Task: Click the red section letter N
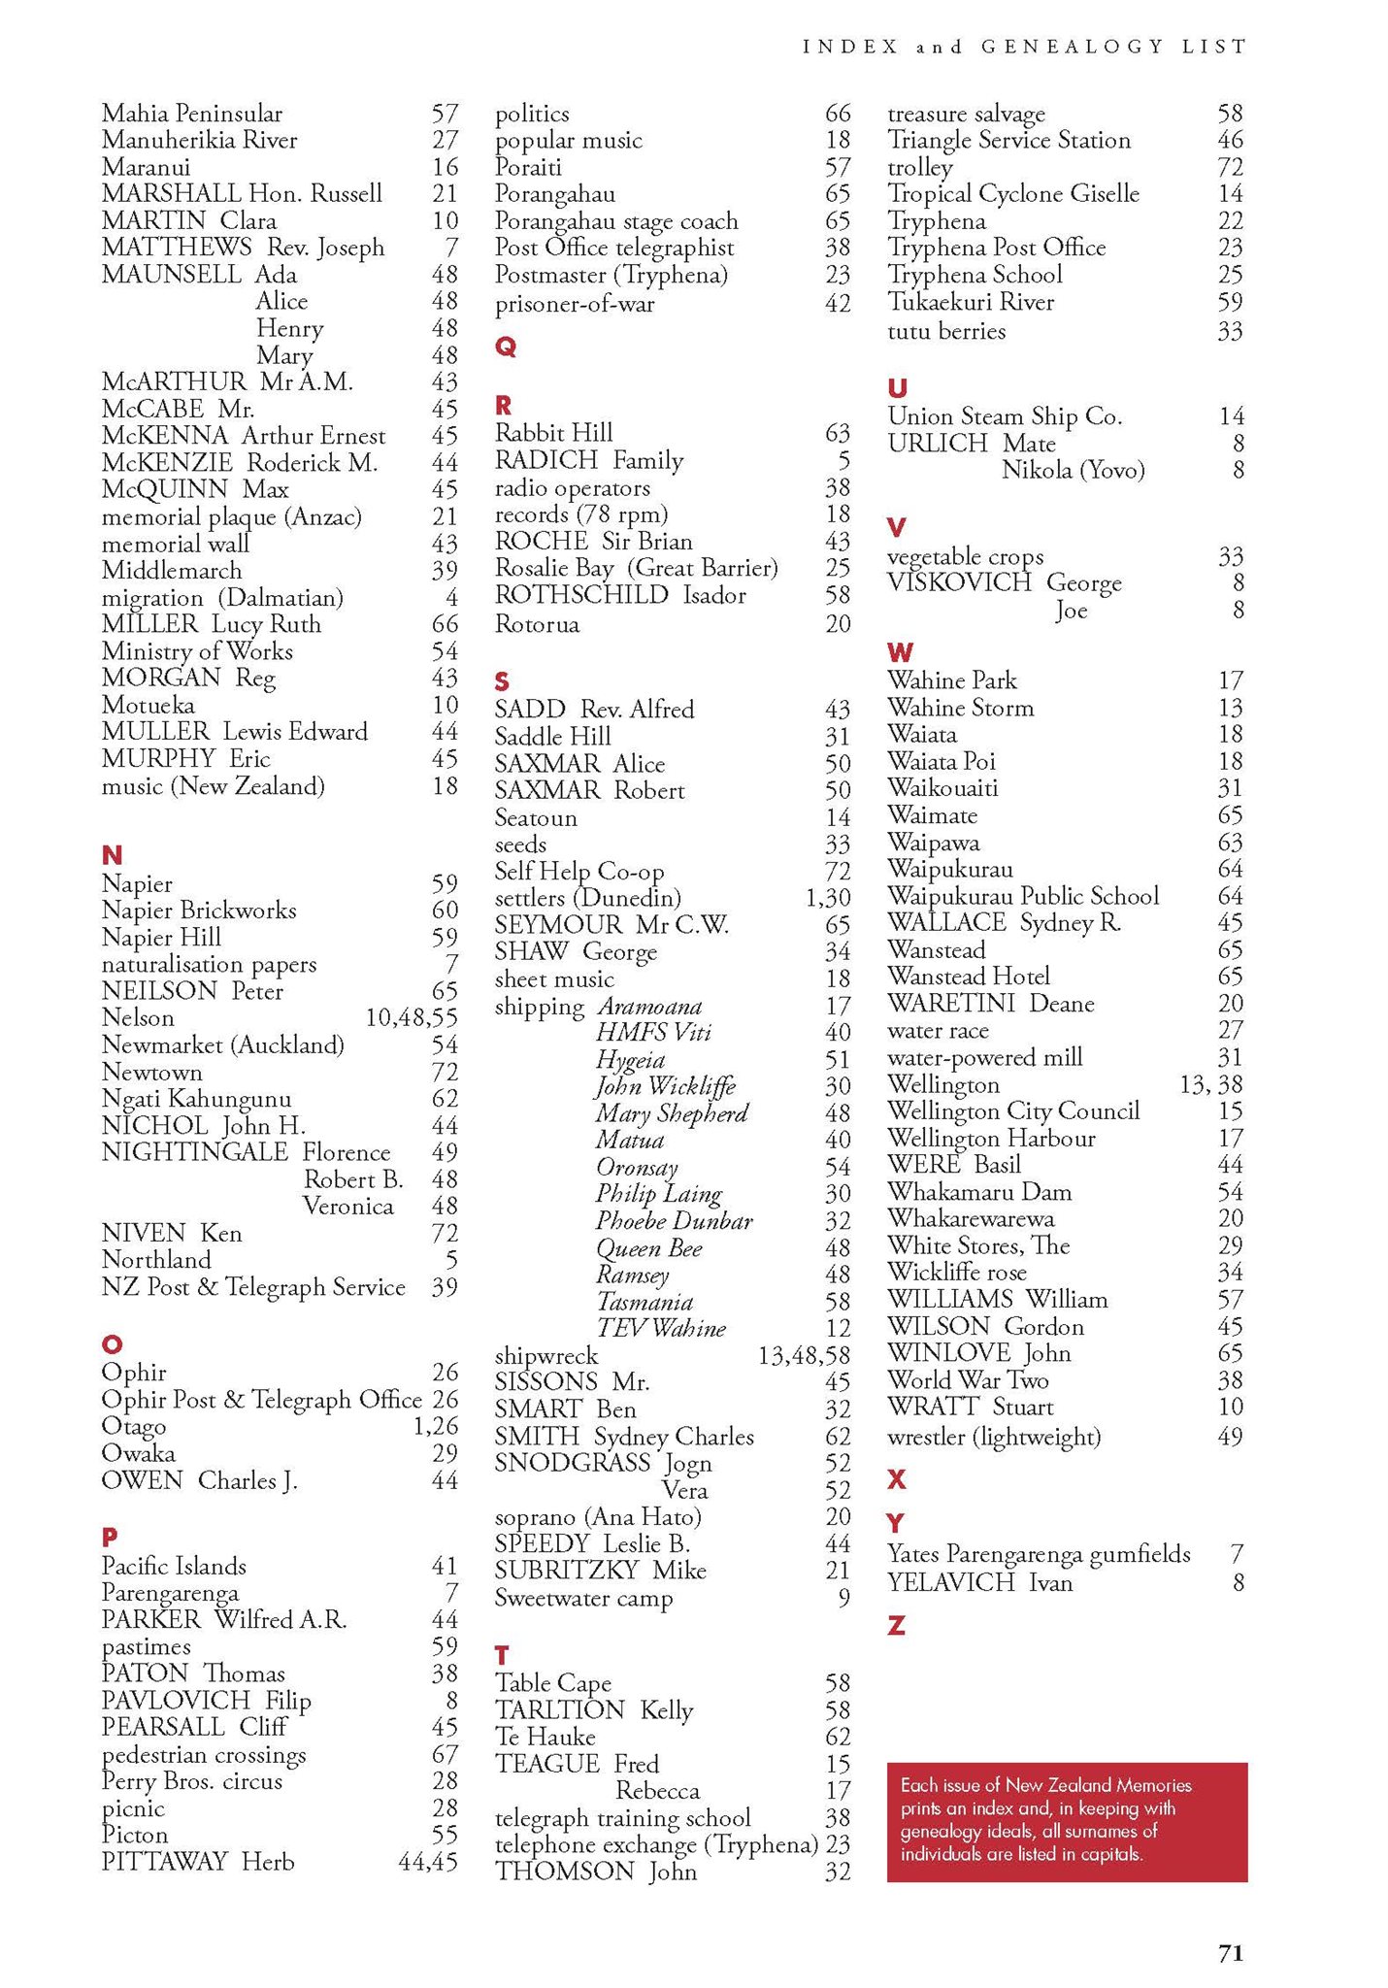click(112, 855)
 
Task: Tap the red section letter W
click(900, 652)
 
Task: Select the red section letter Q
click(506, 348)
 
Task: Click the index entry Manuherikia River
click(199, 141)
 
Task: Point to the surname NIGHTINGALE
click(194, 1152)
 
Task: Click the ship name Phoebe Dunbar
click(674, 1221)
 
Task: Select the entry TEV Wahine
click(661, 1329)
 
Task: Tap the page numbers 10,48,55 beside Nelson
click(411, 1018)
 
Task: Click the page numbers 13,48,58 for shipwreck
click(804, 1356)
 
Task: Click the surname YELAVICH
click(950, 1583)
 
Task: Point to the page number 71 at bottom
click(1230, 1953)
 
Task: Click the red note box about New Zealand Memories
click(1066, 1822)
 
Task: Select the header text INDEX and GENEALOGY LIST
click(1024, 47)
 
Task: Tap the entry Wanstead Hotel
click(968, 977)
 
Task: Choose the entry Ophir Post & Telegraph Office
click(261, 1400)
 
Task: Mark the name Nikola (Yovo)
click(1073, 471)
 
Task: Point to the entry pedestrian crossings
click(204, 1755)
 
